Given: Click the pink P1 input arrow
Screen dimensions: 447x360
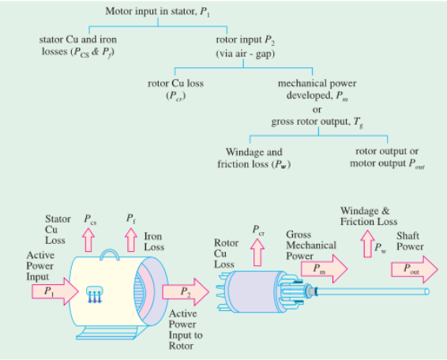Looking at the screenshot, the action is click(x=55, y=291).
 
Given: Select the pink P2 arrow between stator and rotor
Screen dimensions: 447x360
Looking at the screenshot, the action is click(x=186, y=291).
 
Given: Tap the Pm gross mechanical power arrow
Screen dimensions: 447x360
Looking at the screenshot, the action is click(x=324, y=268).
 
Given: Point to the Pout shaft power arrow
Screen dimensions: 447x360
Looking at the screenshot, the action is click(x=415, y=269).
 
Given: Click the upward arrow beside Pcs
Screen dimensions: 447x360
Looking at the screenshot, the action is click(x=88, y=240).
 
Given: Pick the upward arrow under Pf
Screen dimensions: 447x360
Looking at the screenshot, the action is click(x=131, y=240).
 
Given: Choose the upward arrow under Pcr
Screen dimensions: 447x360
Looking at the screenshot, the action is click(x=257, y=253).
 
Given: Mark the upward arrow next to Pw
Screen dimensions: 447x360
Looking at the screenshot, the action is click(x=367, y=244).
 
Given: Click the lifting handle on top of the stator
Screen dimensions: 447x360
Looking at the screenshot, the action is click(x=110, y=251).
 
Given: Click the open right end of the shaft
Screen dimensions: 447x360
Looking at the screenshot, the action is click(x=426, y=291).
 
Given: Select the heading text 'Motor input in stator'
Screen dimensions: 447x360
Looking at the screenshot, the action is click(x=152, y=11).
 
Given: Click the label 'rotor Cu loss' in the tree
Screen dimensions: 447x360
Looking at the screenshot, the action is click(x=175, y=84).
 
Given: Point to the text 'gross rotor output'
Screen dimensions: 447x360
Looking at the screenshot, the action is click(x=310, y=122).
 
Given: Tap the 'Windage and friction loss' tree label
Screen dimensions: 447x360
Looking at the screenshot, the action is click(x=254, y=158).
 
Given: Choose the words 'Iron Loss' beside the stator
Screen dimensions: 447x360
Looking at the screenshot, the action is click(x=154, y=242).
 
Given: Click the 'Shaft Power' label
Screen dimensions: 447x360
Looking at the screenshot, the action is click(x=410, y=241).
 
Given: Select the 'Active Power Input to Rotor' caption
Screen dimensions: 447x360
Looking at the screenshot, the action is click(x=186, y=329).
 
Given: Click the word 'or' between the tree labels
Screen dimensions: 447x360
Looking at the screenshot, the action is click(x=317, y=110).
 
